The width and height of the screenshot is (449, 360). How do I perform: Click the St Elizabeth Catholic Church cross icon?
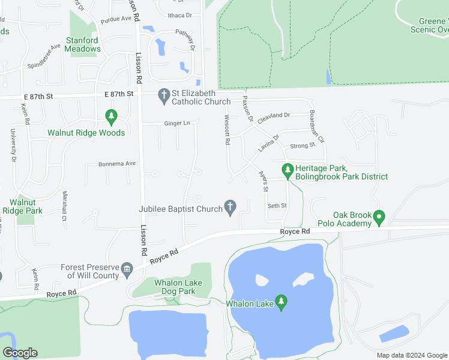(x=163, y=95)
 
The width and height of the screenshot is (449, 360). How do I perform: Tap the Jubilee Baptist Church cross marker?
(x=229, y=208)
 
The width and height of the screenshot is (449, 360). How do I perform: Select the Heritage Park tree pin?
(x=288, y=171)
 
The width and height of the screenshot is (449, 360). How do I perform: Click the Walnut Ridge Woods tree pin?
(x=110, y=115)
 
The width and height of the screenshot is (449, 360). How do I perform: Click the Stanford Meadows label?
(x=83, y=45)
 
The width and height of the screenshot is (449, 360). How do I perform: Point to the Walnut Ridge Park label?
(x=22, y=207)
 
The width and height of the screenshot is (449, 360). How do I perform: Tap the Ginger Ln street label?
(x=177, y=124)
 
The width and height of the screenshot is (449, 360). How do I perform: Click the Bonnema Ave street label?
(x=118, y=163)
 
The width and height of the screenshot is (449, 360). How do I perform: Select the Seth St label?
(x=277, y=206)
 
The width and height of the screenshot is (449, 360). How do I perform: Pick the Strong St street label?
(x=303, y=146)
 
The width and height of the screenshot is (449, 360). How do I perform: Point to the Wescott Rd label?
(x=227, y=130)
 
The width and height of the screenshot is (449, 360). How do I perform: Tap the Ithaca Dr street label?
(x=179, y=15)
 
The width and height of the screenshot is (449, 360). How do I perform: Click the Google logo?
(x=20, y=353)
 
